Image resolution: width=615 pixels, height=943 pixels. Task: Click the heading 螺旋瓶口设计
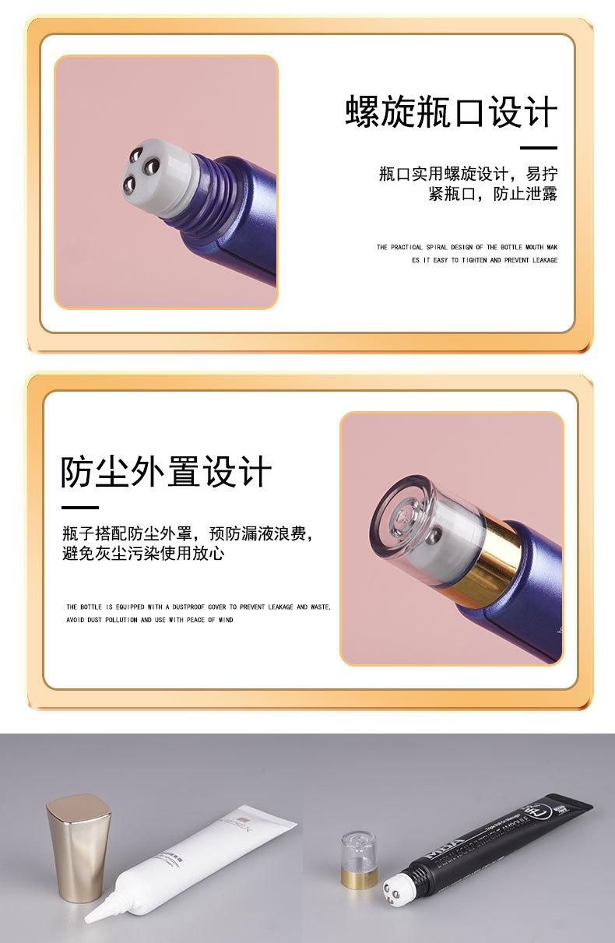pyautogui.click(x=452, y=113)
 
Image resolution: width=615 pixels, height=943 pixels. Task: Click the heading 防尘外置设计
pyautogui.click(x=167, y=472)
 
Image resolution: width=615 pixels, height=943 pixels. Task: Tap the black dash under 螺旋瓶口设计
pyautogui.click(x=539, y=147)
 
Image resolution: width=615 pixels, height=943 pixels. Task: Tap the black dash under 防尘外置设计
pyautogui.click(x=79, y=508)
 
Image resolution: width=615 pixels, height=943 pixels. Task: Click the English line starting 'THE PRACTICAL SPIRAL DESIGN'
pyautogui.click(x=467, y=248)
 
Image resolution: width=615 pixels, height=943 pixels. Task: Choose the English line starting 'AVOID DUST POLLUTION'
pyautogui.click(x=149, y=621)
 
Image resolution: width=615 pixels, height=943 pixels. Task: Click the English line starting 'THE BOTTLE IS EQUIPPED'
pyautogui.click(x=199, y=607)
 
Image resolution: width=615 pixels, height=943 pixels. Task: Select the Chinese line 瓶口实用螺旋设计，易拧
pyautogui.click(x=468, y=174)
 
